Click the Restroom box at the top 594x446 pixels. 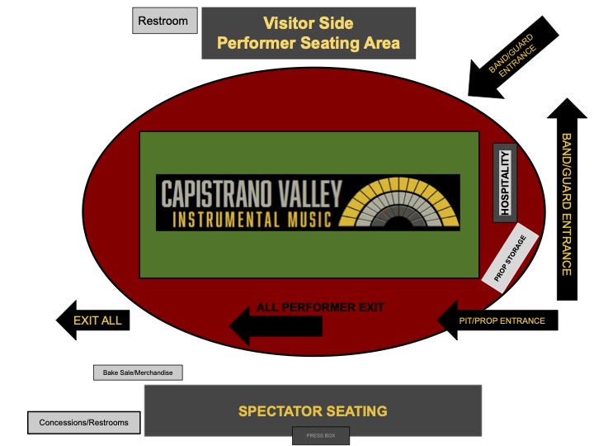coord(165,21)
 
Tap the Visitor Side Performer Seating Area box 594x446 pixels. coord(309,33)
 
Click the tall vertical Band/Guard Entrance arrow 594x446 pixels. coord(567,198)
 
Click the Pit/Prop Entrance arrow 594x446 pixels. coord(499,320)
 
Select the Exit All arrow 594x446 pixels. coord(92,320)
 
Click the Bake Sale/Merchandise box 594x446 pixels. coord(138,373)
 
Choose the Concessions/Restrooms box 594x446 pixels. coord(84,423)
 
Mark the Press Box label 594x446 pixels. coord(321,435)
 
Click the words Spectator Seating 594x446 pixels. coord(313,410)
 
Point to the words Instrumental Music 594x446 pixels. coord(252,219)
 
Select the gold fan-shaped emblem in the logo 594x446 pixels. coord(403,203)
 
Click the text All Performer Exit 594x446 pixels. coord(320,307)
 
